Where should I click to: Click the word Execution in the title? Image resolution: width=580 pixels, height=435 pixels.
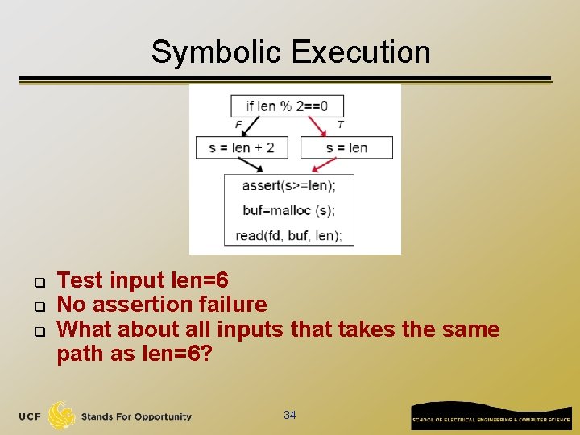tap(361, 52)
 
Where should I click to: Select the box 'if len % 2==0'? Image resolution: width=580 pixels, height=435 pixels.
tap(287, 106)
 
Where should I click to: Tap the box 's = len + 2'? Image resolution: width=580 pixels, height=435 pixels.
tap(242, 147)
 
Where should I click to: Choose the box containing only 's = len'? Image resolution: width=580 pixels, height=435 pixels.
tap(346, 147)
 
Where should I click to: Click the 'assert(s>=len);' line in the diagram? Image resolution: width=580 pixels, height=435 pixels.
tap(288, 186)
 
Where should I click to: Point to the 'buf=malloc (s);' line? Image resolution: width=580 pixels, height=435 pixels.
tap(288, 210)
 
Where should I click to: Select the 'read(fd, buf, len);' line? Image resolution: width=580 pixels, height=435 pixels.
tap(288, 235)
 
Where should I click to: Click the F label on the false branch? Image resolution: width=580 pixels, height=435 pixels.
tap(238, 125)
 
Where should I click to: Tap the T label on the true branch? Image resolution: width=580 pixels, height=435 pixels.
tap(341, 125)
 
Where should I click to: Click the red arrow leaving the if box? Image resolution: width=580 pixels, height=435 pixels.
tap(315, 126)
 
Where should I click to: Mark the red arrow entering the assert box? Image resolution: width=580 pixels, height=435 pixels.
tap(324, 165)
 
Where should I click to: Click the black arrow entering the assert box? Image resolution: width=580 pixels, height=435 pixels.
tap(248, 165)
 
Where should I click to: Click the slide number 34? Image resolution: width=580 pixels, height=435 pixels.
tap(290, 415)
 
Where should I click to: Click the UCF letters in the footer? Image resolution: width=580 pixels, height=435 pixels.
tap(31, 416)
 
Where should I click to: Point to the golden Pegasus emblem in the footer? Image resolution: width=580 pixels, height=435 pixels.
tap(61, 416)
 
